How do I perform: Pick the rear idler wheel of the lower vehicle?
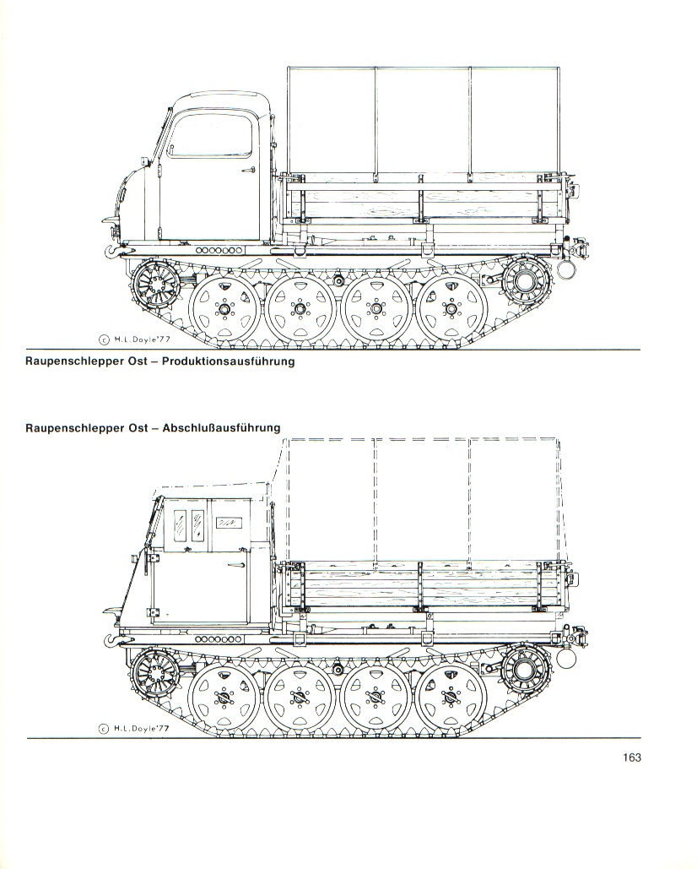pos(527,671)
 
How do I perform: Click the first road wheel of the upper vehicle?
pos(224,309)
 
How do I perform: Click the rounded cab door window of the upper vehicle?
pos(210,135)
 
